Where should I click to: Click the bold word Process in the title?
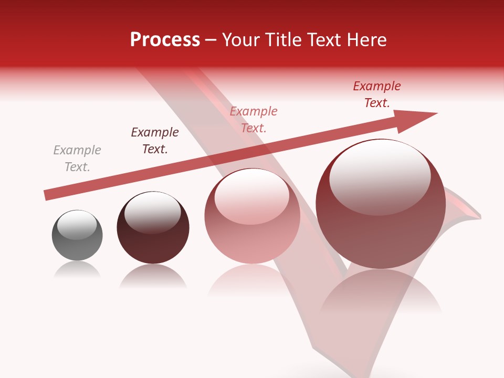tap(165, 40)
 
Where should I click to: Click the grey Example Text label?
tap(77, 159)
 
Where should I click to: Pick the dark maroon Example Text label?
tap(155, 141)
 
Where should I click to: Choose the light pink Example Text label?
tap(254, 120)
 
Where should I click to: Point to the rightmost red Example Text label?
tap(377, 94)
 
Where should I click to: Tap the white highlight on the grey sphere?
tap(77, 224)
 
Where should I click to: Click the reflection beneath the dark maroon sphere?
tap(153, 276)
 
